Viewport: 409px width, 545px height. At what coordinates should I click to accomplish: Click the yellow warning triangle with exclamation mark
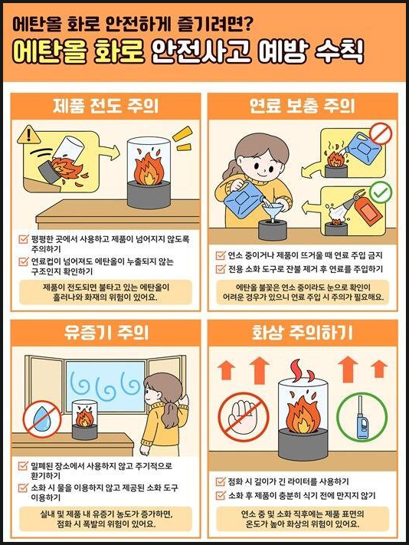[29, 135]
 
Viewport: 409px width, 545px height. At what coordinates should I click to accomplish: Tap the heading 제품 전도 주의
[106, 106]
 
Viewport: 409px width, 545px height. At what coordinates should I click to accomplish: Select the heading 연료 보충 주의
[302, 106]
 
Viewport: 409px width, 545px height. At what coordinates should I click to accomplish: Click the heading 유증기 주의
[106, 333]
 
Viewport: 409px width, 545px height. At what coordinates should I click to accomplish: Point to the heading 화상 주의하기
[303, 333]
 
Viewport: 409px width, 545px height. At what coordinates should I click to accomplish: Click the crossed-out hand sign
[244, 417]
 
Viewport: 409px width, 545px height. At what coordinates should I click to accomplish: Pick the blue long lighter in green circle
[362, 417]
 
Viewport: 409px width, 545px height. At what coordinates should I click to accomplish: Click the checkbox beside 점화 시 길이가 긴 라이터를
[221, 481]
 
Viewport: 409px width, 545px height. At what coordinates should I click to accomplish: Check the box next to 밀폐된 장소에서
[23, 465]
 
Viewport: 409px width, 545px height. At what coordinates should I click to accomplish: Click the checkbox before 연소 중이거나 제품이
[221, 255]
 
